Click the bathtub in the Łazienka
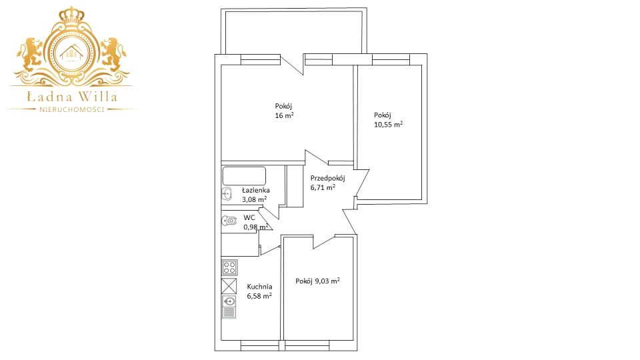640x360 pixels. click(x=244, y=176)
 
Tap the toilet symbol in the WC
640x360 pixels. click(x=229, y=221)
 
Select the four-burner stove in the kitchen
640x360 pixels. click(x=229, y=268)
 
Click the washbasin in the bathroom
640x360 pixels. click(x=227, y=195)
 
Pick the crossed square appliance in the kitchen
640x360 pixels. click(x=229, y=286)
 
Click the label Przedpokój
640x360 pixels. click(x=328, y=179)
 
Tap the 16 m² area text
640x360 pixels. click(x=285, y=115)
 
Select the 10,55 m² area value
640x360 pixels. click(x=388, y=125)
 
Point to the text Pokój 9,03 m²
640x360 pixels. click(x=317, y=281)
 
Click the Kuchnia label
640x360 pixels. click(x=259, y=287)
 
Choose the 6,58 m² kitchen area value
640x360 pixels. click(x=259, y=296)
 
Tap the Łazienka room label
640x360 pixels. click(x=255, y=190)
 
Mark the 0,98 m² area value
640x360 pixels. click(x=256, y=227)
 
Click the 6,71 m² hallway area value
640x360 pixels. click(x=323, y=187)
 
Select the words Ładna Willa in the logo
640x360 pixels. click(x=72, y=97)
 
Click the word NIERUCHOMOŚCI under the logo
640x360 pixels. click(x=72, y=109)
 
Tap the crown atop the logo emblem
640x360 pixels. click(x=71, y=15)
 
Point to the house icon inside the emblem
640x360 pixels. click(x=71, y=53)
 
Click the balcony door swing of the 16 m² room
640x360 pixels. click(x=292, y=65)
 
